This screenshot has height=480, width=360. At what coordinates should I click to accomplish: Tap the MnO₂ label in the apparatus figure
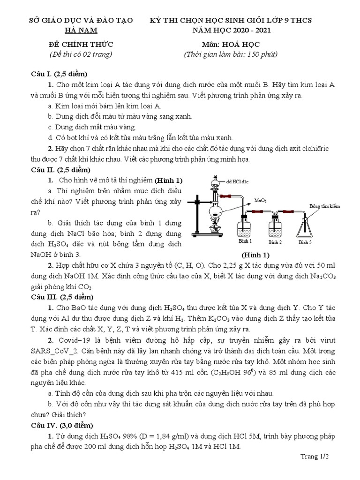(x=260, y=200)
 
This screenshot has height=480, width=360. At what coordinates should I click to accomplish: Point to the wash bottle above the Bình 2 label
(x=275, y=227)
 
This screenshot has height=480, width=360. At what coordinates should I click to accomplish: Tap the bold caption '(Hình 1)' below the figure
(x=255, y=255)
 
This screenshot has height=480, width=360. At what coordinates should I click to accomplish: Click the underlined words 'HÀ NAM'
(x=81, y=30)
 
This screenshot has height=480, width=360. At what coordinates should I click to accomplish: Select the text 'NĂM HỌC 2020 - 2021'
(x=230, y=30)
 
